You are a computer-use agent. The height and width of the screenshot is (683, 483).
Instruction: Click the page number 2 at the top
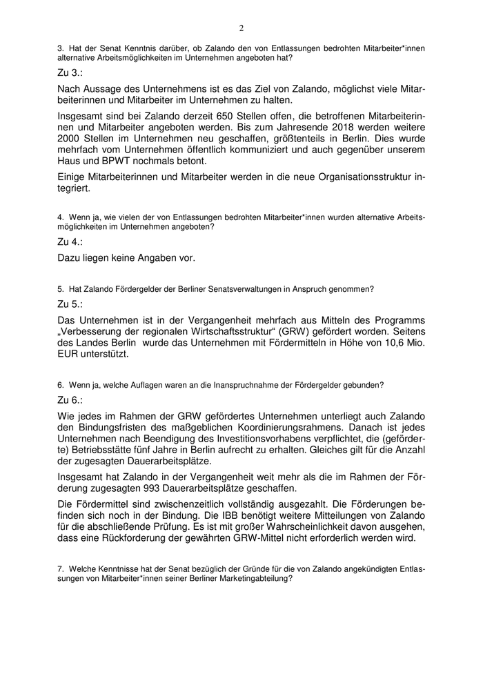241,28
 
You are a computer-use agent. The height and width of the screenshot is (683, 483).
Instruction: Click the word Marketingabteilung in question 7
251,579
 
